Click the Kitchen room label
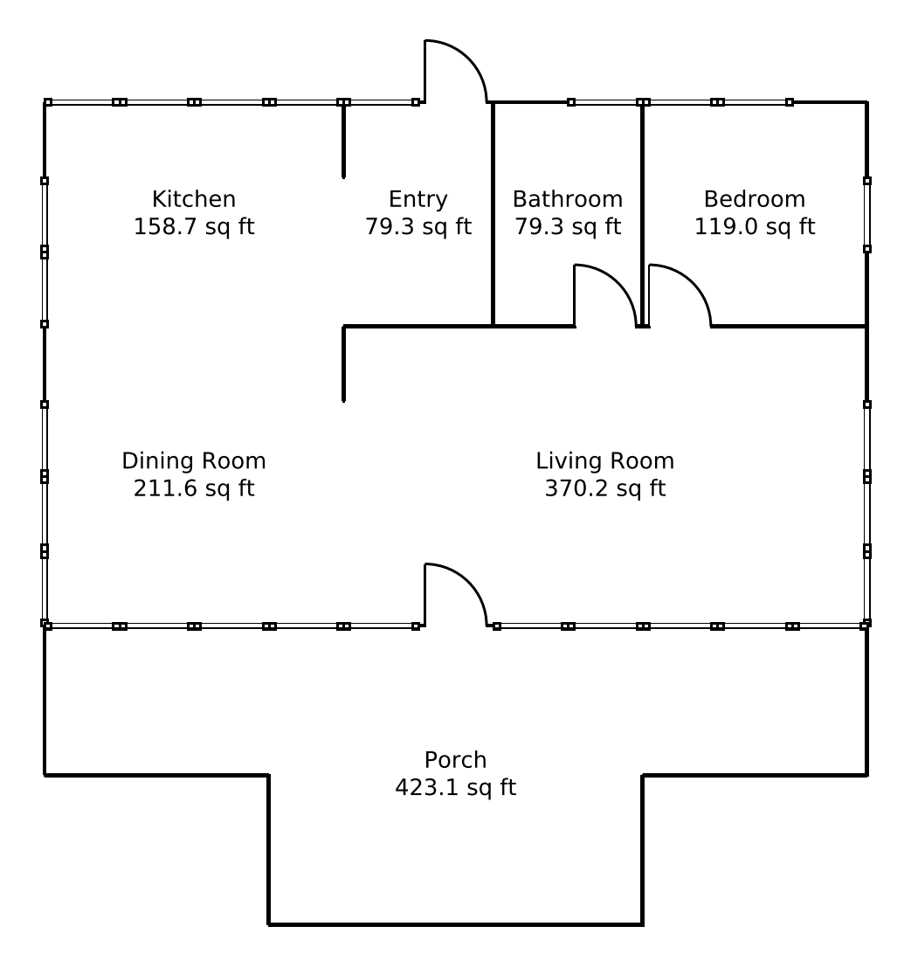[x=194, y=199]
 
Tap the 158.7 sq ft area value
[x=194, y=226]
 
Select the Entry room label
[x=418, y=199]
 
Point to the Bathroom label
[x=568, y=199]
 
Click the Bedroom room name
[x=755, y=199]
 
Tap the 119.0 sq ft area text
[x=755, y=226]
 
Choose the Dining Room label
[x=194, y=460]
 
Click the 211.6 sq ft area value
[x=194, y=488]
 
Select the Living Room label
[x=605, y=460]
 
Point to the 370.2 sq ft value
[x=605, y=488]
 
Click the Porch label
[x=456, y=759]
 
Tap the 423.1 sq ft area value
[x=456, y=787]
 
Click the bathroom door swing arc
[x=618, y=283]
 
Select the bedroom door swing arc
[x=694, y=283]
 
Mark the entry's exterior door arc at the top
[x=469, y=58]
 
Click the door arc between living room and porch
[x=469, y=582]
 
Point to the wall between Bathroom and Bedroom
[x=643, y=213]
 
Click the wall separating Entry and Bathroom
[x=493, y=213]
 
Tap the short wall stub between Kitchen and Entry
[x=344, y=140]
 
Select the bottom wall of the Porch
[x=456, y=924]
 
